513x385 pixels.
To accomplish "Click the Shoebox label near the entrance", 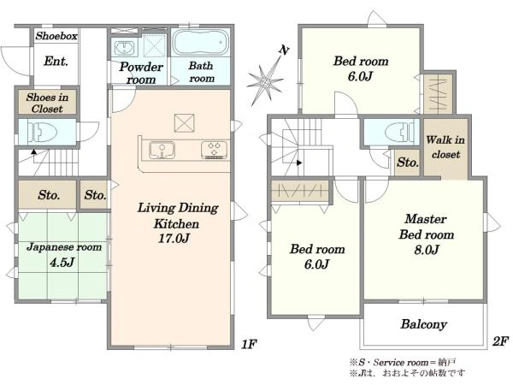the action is click(x=56, y=36).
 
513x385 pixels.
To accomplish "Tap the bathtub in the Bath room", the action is click(x=201, y=42).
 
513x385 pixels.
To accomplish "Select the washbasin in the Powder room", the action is click(x=124, y=48).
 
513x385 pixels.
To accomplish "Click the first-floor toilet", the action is click(x=43, y=133).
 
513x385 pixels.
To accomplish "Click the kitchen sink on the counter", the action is click(x=162, y=151).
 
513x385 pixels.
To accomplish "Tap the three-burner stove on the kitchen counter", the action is click(x=215, y=150).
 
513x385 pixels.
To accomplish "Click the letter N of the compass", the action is click(x=284, y=50).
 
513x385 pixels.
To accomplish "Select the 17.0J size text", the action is click(x=174, y=238).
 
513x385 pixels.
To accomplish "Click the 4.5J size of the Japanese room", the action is click(x=62, y=262).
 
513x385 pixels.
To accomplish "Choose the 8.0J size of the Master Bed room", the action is click(x=427, y=250).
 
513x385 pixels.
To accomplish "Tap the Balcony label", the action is click(x=424, y=324).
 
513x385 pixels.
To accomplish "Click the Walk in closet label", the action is click(x=445, y=147).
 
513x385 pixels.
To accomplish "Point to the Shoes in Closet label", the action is click(x=47, y=103).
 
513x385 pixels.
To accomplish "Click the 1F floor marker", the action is click(x=249, y=344).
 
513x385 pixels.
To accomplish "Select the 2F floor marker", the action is click(x=500, y=341).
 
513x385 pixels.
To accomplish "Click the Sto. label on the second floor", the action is click(x=408, y=163).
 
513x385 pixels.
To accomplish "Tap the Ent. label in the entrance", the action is click(x=56, y=61).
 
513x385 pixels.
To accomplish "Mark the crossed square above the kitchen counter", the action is click(x=184, y=123).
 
